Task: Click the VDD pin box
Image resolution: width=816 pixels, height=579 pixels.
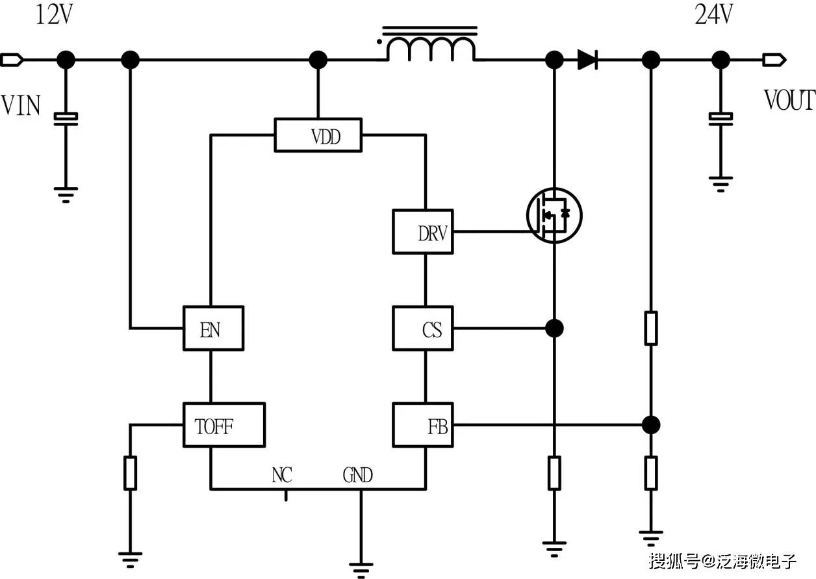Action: (x=318, y=135)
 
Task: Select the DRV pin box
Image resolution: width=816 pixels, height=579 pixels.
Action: (x=423, y=231)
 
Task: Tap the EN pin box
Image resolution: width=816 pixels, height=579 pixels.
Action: (x=213, y=329)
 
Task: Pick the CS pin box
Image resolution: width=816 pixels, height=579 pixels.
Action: (x=423, y=329)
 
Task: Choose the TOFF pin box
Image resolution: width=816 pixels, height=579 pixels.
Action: (x=224, y=425)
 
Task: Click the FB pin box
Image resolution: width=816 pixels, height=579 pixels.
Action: (x=423, y=425)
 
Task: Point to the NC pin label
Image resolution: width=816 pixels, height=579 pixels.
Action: (x=282, y=475)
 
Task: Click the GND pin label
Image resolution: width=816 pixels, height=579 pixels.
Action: (x=357, y=475)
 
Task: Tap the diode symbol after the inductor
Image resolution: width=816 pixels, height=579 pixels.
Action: (x=587, y=60)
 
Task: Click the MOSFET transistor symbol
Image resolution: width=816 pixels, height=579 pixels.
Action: (x=554, y=215)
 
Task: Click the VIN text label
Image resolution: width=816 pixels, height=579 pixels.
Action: (x=21, y=105)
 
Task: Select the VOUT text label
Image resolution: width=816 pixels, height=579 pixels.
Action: (x=789, y=101)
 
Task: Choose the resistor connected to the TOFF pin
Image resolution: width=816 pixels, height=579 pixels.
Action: (x=130, y=472)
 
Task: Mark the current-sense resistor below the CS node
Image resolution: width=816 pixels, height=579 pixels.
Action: (x=554, y=472)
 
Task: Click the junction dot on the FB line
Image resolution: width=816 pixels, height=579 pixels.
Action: (x=650, y=425)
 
